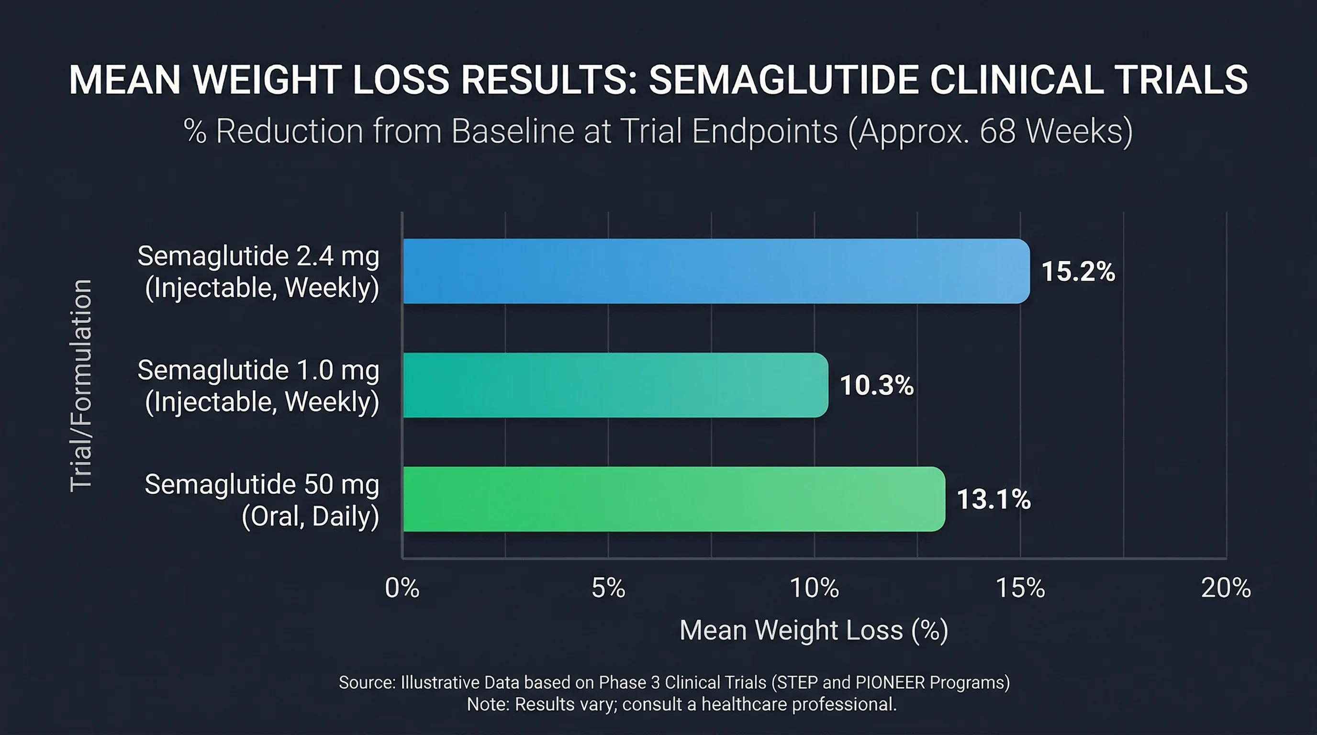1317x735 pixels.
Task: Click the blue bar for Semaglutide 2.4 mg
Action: click(716, 271)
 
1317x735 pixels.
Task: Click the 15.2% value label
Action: click(1078, 271)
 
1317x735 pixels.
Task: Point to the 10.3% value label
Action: click(876, 385)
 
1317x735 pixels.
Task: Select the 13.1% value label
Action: click(993, 500)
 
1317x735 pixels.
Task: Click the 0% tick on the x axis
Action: click(402, 588)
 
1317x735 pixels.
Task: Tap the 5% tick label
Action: click(608, 588)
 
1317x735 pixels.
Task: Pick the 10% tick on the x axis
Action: click(815, 588)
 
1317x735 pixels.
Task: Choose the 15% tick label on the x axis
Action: click(1020, 588)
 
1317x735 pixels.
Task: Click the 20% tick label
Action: click(1226, 588)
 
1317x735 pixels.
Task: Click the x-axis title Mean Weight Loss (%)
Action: click(814, 630)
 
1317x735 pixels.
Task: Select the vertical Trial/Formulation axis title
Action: click(81, 386)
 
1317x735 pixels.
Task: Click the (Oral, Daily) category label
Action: click(310, 516)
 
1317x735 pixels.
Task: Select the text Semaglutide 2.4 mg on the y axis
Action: click(258, 256)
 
